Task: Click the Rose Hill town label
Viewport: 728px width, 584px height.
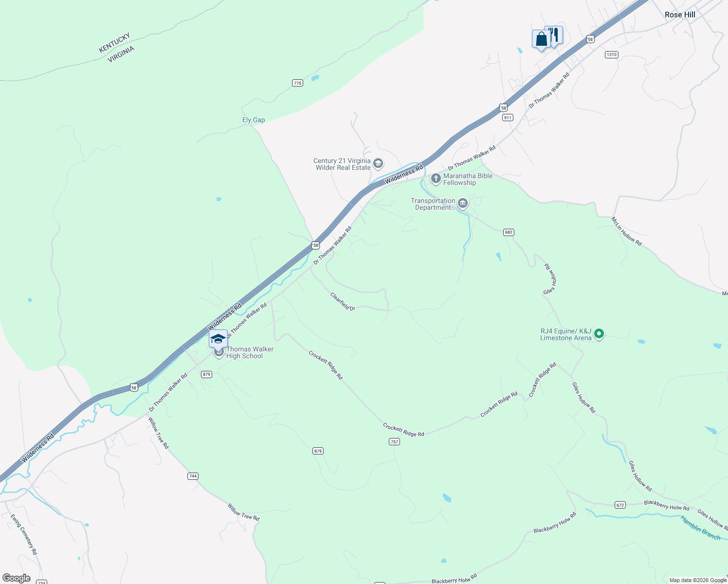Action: (679, 15)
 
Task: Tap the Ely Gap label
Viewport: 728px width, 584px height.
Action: (254, 120)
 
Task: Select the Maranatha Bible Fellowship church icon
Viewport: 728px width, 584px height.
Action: (436, 179)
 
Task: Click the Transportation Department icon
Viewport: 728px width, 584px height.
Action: (463, 203)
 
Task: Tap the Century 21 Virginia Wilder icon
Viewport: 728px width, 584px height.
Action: (378, 164)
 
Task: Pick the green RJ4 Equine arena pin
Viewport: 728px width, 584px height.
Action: (600, 334)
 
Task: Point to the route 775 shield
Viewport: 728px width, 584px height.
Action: (297, 83)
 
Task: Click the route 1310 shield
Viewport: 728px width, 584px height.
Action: (612, 55)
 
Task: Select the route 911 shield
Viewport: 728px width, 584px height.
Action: (508, 118)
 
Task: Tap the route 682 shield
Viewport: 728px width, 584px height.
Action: (509, 232)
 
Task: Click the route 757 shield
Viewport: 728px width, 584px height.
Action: (394, 442)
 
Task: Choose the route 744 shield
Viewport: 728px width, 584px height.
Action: (193, 476)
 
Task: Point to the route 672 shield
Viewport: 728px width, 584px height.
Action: (620, 505)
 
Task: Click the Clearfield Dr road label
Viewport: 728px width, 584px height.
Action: (343, 301)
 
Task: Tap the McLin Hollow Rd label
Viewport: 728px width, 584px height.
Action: (627, 231)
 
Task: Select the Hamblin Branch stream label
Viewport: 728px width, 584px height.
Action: (700, 528)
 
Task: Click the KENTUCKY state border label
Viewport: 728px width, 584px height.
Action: (114, 43)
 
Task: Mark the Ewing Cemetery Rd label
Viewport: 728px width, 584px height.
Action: (24, 534)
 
